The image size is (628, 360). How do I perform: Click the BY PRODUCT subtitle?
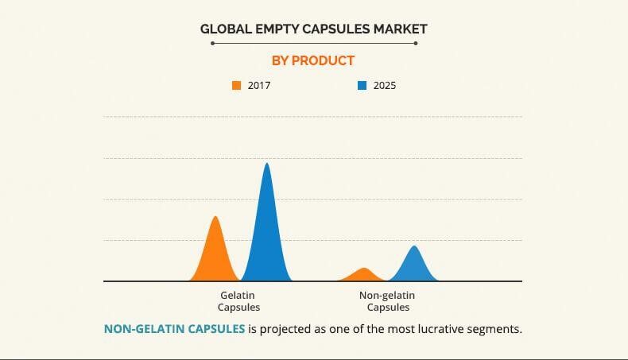[313, 60]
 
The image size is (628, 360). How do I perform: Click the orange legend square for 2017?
[236, 85]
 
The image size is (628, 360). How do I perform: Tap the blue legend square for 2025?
[362, 85]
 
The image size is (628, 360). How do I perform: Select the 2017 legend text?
[259, 85]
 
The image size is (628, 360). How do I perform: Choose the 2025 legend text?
[385, 85]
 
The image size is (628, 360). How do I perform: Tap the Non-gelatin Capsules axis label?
[388, 301]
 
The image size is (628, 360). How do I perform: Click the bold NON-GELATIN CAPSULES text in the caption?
[174, 328]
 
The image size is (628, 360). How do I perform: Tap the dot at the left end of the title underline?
[213, 44]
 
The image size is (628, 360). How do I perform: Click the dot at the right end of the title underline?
[415, 44]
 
